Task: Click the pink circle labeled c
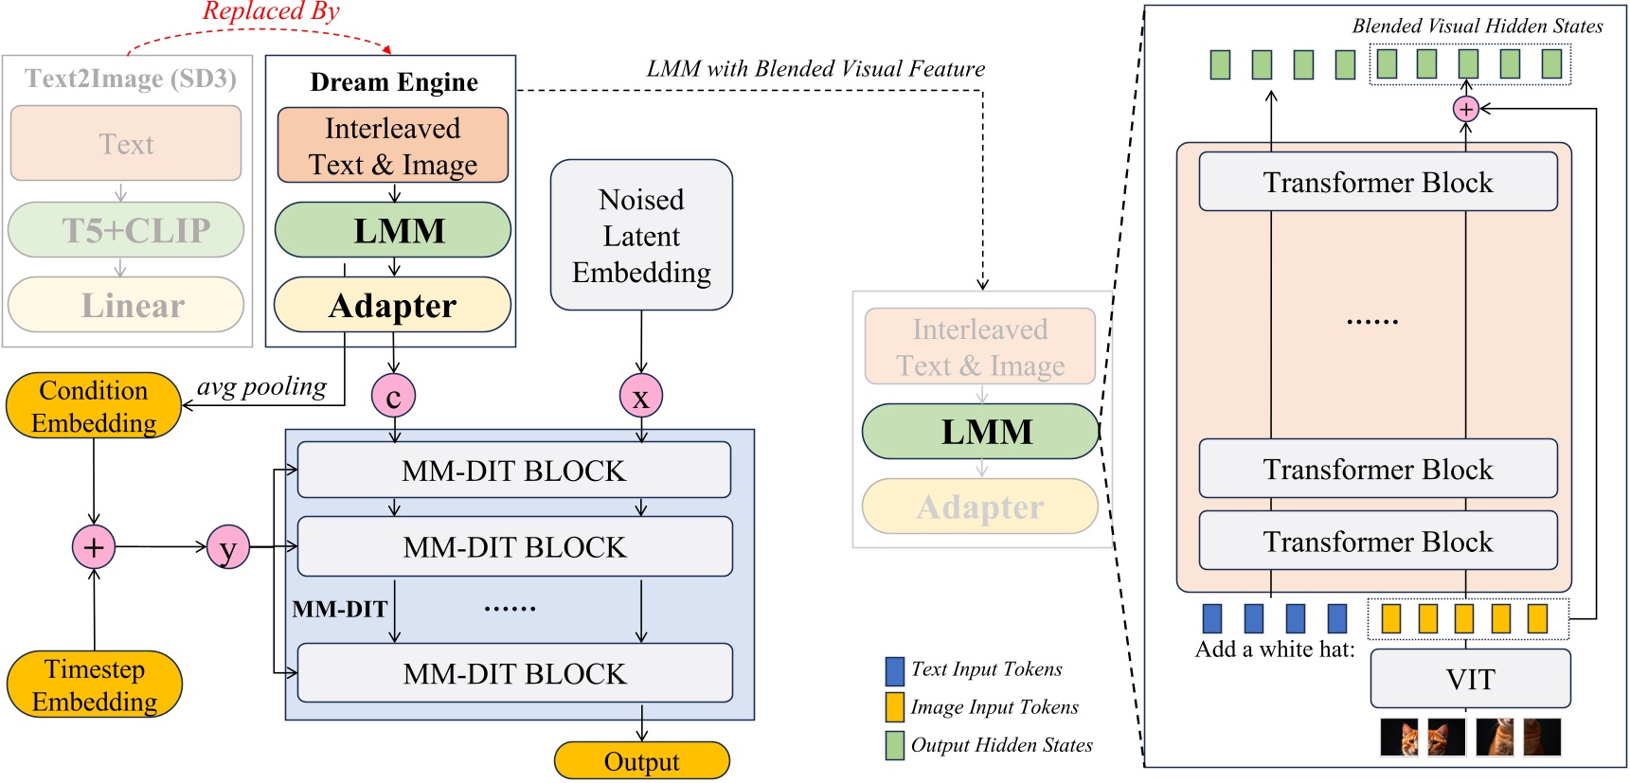tap(393, 396)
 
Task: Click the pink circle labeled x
tap(641, 396)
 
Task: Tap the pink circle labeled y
tap(228, 547)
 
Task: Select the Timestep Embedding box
tap(95, 685)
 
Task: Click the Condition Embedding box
tap(94, 406)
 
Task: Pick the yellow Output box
tap(641, 761)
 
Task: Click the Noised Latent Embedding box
tap(641, 236)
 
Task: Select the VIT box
tap(1470, 679)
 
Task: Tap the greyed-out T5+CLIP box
tap(126, 230)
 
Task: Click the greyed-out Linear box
tap(126, 305)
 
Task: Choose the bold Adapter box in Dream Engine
tap(392, 305)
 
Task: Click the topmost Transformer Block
tap(1377, 182)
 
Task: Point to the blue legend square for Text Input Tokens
tap(894, 670)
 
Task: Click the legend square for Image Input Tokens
tap(894, 707)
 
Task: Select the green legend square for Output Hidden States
tap(894, 745)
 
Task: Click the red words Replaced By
tap(271, 12)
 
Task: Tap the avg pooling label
tap(261, 386)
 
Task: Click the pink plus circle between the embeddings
tap(94, 547)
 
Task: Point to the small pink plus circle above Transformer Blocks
tap(1465, 110)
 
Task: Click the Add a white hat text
tap(1274, 650)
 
